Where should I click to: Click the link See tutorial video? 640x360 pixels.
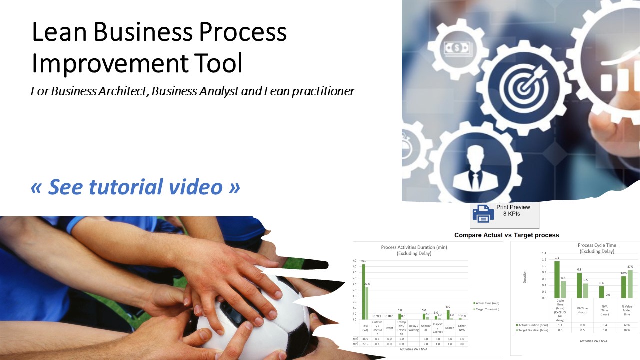pyautogui.click(x=135, y=186)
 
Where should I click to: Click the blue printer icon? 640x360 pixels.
pyautogui.click(x=483, y=214)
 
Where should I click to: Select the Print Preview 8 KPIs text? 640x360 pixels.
pyautogui.click(x=513, y=210)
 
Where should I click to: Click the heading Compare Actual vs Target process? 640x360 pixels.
pyautogui.click(x=506, y=235)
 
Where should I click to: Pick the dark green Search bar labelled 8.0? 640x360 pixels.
pyautogui.click(x=448, y=315)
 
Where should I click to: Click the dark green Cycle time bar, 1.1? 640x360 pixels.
pyautogui.click(x=557, y=279)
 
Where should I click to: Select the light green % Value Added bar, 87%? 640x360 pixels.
pyautogui.click(x=630, y=284)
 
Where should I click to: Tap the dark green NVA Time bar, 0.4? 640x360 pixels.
pyautogui.click(x=601, y=292)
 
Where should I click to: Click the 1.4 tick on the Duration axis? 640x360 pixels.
pyautogui.click(x=544, y=254)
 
